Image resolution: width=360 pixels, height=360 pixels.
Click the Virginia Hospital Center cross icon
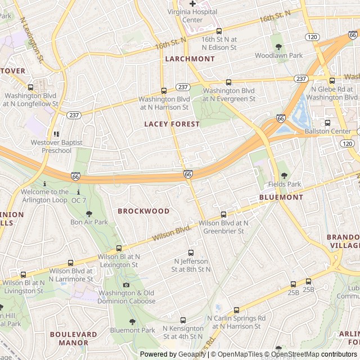(x=192, y=4)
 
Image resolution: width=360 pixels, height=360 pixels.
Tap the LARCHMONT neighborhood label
(x=190, y=58)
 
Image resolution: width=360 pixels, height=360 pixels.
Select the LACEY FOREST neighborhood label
(x=172, y=124)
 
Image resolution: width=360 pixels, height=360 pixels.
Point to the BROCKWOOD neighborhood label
(x=143, y=211)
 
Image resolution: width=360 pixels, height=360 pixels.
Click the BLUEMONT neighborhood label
(x=281, y=197)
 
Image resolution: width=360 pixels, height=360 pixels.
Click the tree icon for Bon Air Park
(x=89, y=214)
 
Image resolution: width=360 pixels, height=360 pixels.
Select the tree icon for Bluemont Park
(x=132, y=322)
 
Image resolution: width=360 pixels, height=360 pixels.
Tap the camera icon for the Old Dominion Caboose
(x=126, y=285)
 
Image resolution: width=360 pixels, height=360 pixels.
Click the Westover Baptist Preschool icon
(x=56, y=134)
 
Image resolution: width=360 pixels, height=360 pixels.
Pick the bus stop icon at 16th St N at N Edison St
(x=219, y=31)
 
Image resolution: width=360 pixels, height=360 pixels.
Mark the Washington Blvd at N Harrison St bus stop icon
(x=164, y=91)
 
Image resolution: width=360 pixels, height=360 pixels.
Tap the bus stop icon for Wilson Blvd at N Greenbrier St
(x=223, y=214)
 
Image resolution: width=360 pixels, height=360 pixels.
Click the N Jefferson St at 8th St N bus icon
(x=191, y=253)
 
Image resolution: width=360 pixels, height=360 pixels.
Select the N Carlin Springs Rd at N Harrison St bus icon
(x=236, y=309)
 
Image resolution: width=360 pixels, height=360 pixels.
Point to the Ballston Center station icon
(x=327, y=123)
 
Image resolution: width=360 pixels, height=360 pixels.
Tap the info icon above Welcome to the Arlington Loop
(x=44, y=183)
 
